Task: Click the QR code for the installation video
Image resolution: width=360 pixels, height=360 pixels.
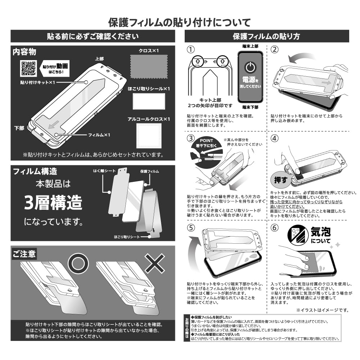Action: (28, 69)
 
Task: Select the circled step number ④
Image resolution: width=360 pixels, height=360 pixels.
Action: (274, 139)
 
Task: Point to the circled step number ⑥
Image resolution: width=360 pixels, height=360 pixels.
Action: (274, 228)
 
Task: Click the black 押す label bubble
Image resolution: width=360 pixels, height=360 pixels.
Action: (279, 179)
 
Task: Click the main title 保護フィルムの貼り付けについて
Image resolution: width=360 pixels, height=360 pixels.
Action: (180, 22)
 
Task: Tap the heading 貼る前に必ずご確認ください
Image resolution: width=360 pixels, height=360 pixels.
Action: (93, 36)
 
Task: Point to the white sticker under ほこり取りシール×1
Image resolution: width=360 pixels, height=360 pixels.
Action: (149, 102)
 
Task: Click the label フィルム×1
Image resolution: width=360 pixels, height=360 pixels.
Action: (99, 135)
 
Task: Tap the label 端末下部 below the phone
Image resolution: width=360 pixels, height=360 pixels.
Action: (249, 107)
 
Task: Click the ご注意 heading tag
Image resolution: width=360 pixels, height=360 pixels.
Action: (24, 254)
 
